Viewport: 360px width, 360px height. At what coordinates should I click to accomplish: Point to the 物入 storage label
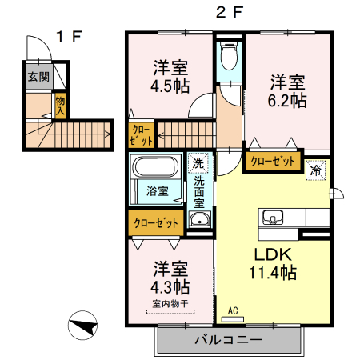click(60, 106)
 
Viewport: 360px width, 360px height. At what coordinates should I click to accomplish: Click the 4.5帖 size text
click(170, 86)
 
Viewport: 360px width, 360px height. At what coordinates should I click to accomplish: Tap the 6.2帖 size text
click(286, 100)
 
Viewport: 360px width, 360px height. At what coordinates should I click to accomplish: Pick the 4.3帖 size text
click(170, 285)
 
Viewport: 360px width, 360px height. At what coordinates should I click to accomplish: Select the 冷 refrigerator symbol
click(316, 170)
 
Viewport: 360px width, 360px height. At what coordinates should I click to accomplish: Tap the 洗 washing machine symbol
click(198, 164)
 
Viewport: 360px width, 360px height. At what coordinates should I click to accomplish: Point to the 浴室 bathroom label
click(157, 191)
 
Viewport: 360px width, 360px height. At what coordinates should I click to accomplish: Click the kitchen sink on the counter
click(272, 217)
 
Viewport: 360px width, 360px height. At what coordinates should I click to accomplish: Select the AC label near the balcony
click(234, 310)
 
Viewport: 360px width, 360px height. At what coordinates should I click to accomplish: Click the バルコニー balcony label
click(228, 341)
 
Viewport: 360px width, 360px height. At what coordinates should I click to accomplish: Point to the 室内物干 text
click(170, 303)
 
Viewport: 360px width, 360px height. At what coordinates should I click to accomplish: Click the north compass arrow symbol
click(83, 326)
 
